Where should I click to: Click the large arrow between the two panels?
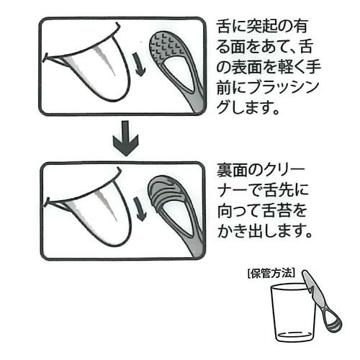coord(126,138)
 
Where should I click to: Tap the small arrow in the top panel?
coord(139,64)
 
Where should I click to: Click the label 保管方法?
coord(271,274)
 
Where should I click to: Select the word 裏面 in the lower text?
coord(233,171)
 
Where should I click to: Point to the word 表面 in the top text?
coord(246,68)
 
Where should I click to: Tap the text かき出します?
coord(265,231)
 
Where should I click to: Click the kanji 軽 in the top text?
coord(284,68)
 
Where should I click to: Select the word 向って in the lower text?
coord(239,211)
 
